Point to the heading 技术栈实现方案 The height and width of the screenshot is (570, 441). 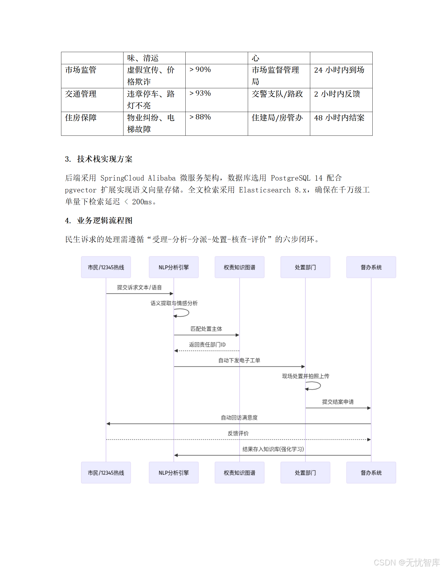click(x=105, y=159)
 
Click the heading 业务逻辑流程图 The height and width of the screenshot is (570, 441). click(x=105, y=221)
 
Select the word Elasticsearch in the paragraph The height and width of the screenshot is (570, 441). click(x=265, y=190)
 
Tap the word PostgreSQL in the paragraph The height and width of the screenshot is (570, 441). click(x=290, y=178)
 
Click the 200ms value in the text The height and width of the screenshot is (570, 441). click(x=142, y=202)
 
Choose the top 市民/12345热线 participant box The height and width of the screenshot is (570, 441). click(x=106, y=267)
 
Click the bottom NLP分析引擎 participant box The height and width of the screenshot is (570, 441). click(x=173, y=473)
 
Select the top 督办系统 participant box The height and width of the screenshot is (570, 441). click(x=371, y=267)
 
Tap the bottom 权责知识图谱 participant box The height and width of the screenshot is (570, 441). click(x=239, y=473)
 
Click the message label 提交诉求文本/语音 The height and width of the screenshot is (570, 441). click(x=139, y=287)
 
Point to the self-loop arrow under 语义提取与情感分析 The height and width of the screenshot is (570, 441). click(x=182, y=313)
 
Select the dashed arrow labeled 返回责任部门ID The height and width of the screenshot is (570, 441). click(x=207, y=351)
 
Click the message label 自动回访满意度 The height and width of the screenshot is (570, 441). click(x=239, y=418)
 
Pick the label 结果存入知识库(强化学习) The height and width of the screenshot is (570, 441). click(x=273, y=449)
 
